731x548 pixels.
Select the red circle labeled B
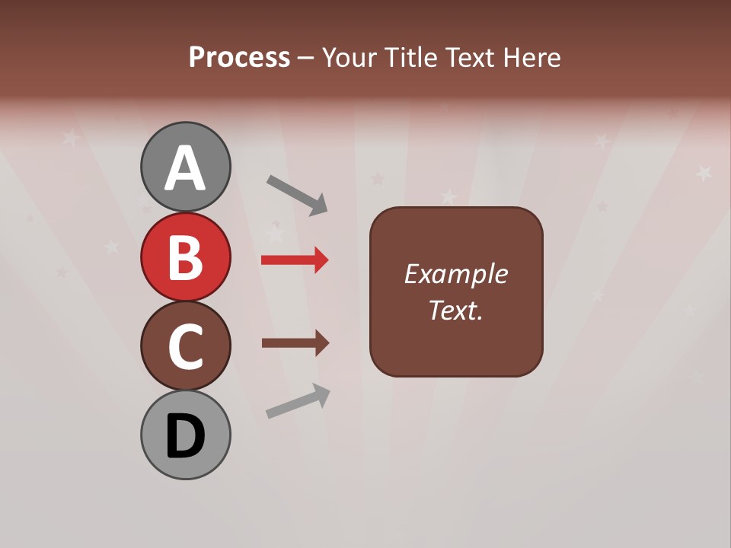[x=185, y=256]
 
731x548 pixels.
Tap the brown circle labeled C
[x=185, y=346]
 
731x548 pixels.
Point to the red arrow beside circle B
[x=294, y=260]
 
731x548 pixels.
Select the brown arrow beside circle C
[x=294, y=343]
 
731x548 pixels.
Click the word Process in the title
[x=239, y=57]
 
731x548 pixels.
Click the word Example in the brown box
[x=455, y=274]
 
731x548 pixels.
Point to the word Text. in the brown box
[x=455, y=310]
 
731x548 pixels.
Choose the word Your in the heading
[x=349, y=57]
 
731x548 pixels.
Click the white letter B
[x=185, y=257]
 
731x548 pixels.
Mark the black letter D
[x=185, y=437]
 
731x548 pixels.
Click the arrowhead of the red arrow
[x=321, y=260]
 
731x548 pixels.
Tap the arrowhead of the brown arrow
[x=321, y=343]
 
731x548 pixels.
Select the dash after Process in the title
[x=306, y=58]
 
